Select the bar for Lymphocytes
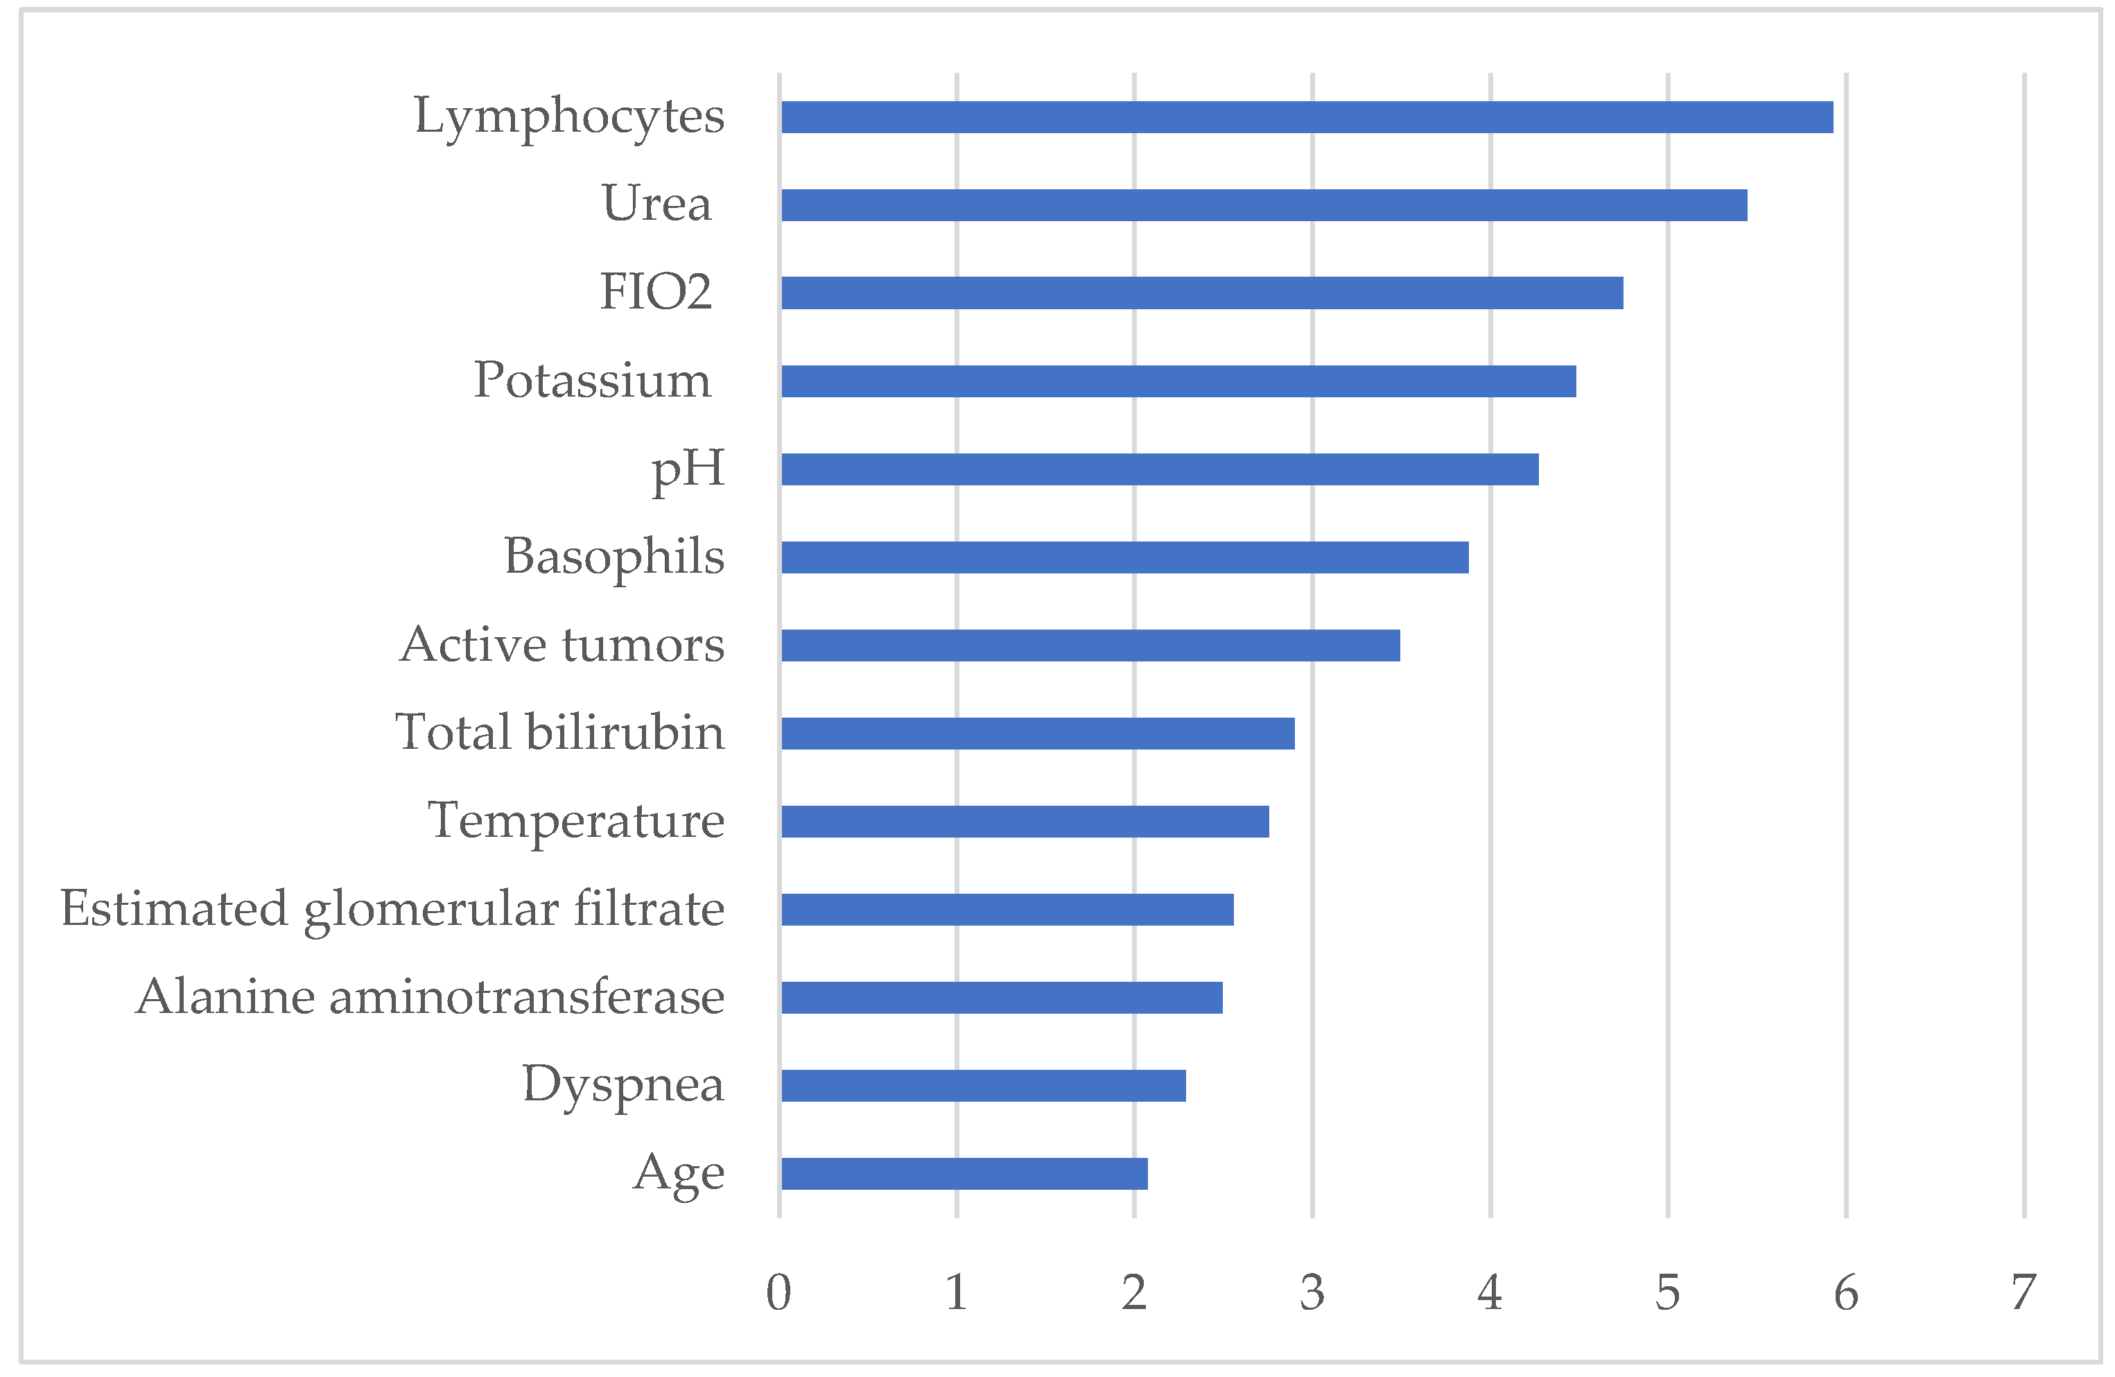(1306, 117)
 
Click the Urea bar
(1264, 205)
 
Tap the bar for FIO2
(1201, 293)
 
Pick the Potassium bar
(1178, 381)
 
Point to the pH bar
(1160, 469)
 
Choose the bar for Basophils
(1124, 557)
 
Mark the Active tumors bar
(1090, 646)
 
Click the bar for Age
(964, 1173)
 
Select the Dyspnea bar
(983, 1085)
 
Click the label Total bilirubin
(560, 732)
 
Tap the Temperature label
(576, 820)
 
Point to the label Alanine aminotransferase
(430, 996)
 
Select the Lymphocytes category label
(568, 116)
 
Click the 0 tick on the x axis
(778, 1292)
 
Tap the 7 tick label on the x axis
(2023, 1292)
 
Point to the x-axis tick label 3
(1312, 1292)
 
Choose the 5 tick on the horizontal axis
(1667, 1292)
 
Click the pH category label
(688, 469)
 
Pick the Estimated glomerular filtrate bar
(1007, 910)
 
